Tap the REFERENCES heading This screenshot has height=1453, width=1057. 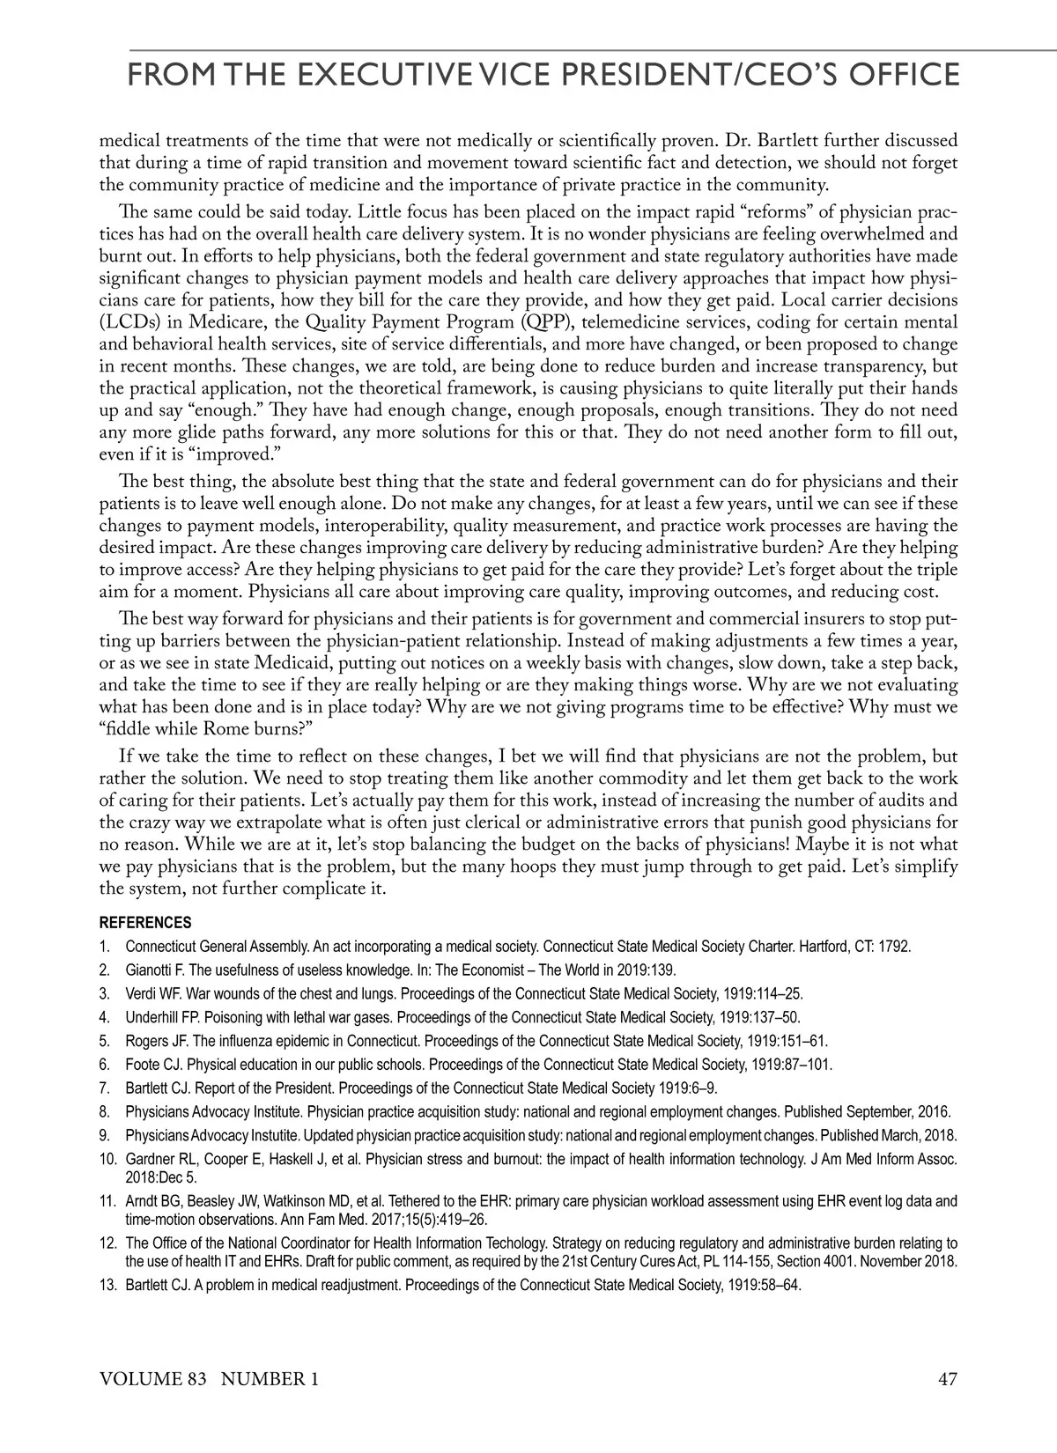[x=145, y=923]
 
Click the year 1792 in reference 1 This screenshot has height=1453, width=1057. [x=896, y=947]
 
